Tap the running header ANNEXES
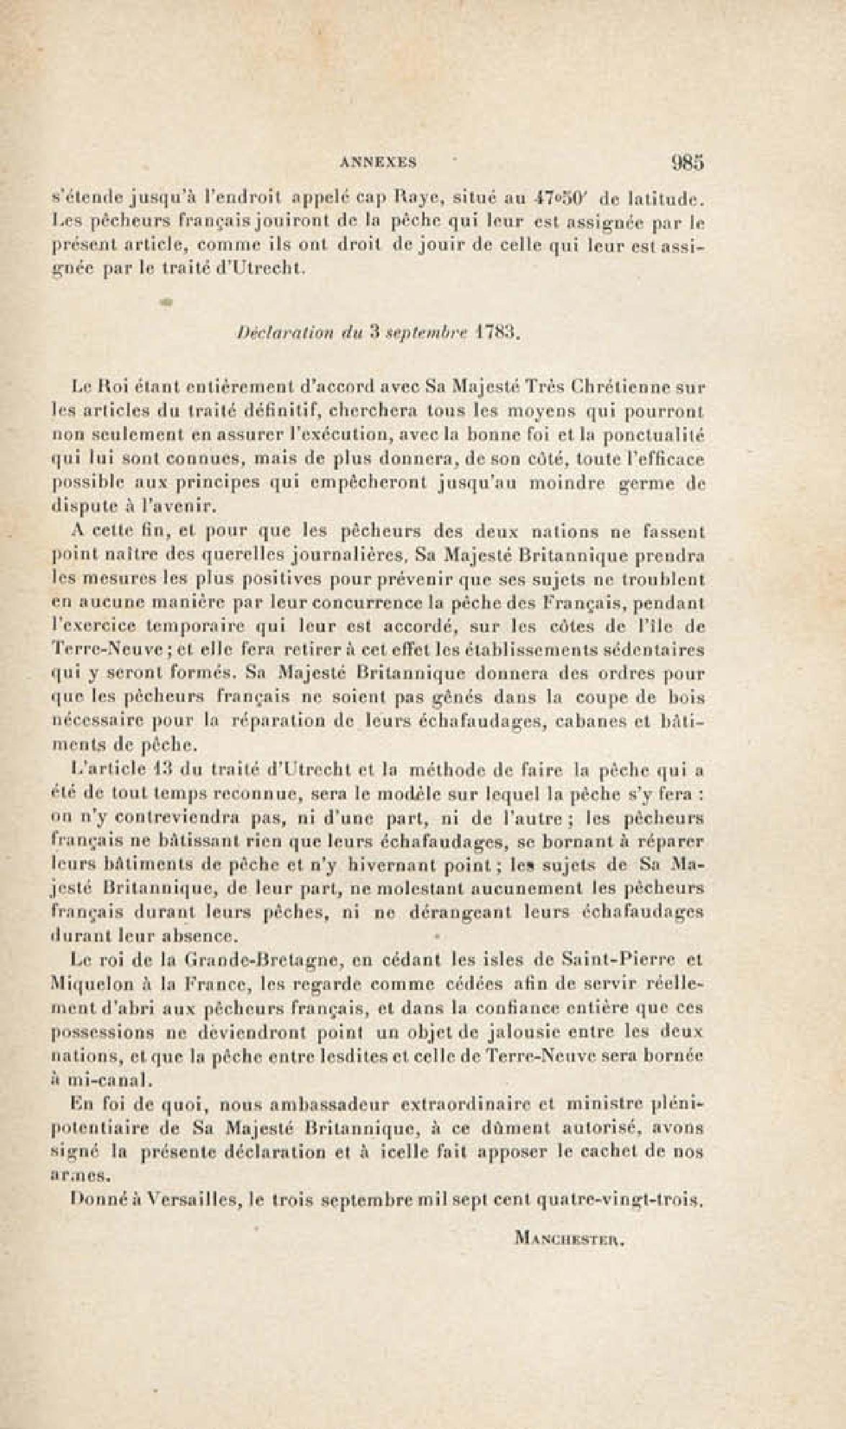(378, 163)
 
